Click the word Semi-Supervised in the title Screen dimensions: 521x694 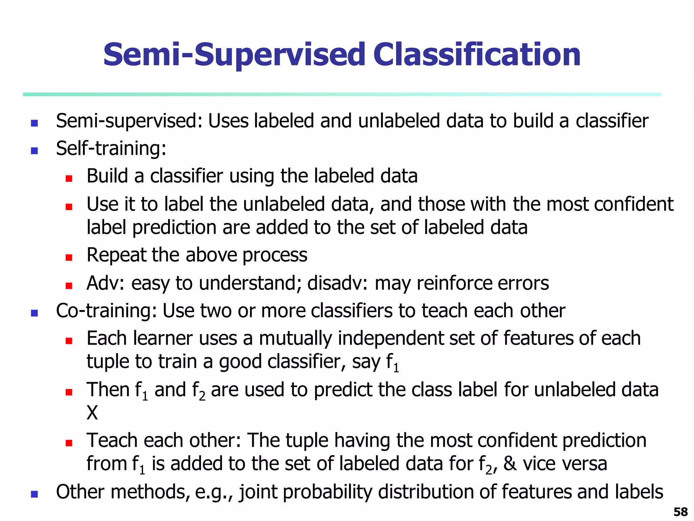click(x=234, y=55)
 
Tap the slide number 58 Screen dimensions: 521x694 click(x=680, y=512)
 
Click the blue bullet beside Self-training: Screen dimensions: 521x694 click(x=34, y=151)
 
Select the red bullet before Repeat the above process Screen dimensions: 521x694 click(x=69, y=257)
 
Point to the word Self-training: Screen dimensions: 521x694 click(x=111, y=149)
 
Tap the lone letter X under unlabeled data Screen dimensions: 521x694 click(x=92, y=413)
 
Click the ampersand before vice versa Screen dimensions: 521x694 click(x=510, y=464)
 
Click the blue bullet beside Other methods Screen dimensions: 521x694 click(x=34, y=494)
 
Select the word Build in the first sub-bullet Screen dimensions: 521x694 click(x=107, y=176)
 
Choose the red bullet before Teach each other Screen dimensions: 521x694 click(x=69, y=443)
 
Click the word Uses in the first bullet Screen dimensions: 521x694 click(x=228, y=121)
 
